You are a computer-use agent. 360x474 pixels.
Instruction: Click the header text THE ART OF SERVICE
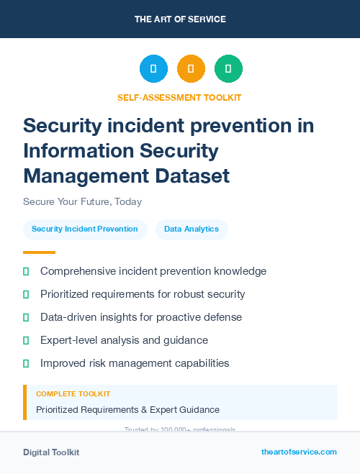click(x=180, y=19)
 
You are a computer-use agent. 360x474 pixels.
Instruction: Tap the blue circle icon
click(x=153, y=69)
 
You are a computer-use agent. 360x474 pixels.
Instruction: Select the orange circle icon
click(x=191, y=69)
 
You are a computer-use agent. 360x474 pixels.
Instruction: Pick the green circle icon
click(x=228, y=69)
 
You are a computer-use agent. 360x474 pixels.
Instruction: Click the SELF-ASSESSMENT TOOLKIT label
click(x=179, y=97)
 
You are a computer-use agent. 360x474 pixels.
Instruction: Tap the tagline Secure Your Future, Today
click(x=82, y=201)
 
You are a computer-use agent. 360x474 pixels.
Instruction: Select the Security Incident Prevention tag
click(x=85, y=229)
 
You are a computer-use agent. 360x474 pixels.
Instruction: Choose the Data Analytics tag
click(x=192, y=229)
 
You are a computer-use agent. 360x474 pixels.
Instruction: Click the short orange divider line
click(x=39, y=252)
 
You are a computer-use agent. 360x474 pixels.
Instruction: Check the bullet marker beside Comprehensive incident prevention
click(x=26, y=271)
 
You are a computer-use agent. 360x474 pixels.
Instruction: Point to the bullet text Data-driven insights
click(x=141, y=317)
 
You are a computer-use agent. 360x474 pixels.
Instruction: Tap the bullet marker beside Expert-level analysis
click(x=26, y=340)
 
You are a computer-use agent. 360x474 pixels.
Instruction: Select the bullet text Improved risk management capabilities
click(x=135, y=363)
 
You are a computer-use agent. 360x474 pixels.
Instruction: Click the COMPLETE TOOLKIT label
click(x=73, y=394)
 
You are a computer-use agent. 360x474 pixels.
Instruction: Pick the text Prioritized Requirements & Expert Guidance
click(x=127, y=410)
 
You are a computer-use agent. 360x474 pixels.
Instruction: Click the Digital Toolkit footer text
click(x=51, y=452)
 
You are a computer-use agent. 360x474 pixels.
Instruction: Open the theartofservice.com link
click(x=299, y=452)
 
